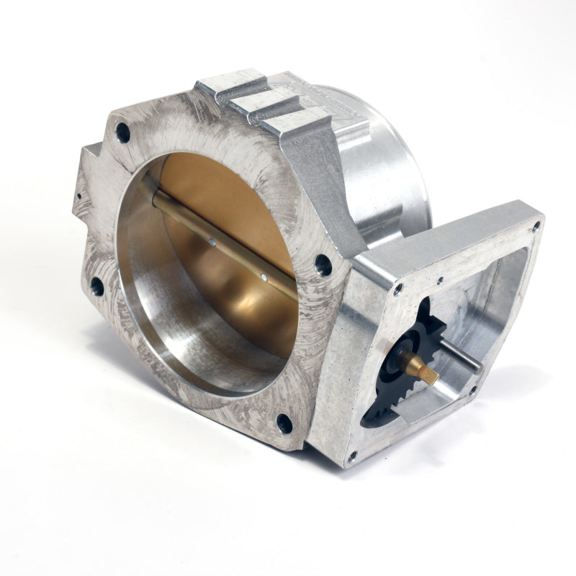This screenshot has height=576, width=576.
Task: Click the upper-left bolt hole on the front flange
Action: [122, 132]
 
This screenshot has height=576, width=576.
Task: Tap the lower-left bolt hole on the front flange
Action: [96, 287]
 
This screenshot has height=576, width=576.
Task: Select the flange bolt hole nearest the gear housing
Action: [323, 265]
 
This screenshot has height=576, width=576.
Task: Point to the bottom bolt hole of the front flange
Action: [284, 423]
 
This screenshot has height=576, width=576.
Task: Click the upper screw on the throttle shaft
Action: [211, 243]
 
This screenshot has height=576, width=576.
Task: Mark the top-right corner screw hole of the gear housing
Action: [536, 226]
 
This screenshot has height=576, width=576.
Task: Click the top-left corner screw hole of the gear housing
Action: [397, 289]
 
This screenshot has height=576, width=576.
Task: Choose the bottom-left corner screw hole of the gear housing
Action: [351, 455]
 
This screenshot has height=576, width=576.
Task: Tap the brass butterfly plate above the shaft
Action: [216, 187]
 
